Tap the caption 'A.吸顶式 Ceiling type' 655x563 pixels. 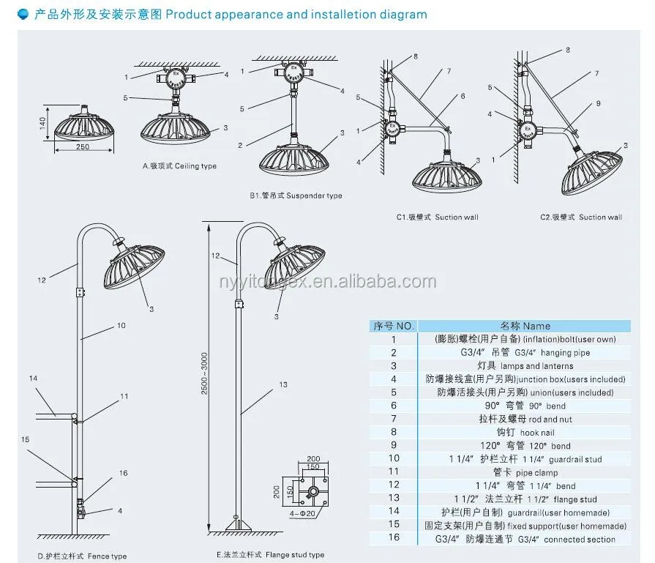pyautogui.click(x=179, y=166)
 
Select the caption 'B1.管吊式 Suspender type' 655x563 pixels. pyautogui.click(x=295, y=195)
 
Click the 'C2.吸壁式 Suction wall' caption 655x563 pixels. pyautogui.click(x=581, y=217)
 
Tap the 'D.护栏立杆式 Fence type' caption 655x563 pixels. pyautogui.click(x=82, y=556)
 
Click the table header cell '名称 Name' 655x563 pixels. pyautogui.click(x=525, y=326)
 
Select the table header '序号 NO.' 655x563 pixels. pyautogui.click(x=393, y=326)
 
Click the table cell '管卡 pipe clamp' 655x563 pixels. pyautogui.click(x=525, y=473)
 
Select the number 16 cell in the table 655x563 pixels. pyautogui.click(x=393, y=540)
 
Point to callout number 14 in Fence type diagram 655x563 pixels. pyautogui.click(x=33, y=379)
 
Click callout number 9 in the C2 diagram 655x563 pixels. pyautogui.click(x=598, y=103)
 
